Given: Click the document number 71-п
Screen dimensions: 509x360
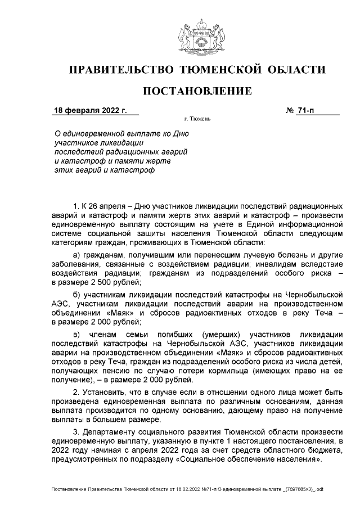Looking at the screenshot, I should tap(306, 110).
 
